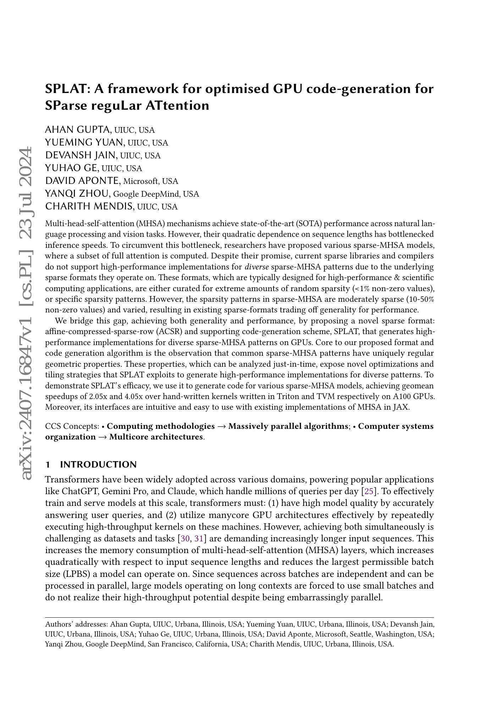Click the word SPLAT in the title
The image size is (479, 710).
click(x=67, y=89)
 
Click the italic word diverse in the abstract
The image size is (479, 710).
click(x=257, y=267)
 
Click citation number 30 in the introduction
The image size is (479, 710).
click(x=185, y=539)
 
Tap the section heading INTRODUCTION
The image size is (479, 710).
click(x=98, y=465)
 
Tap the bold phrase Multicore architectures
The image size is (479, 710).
click(x=156, y=437)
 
